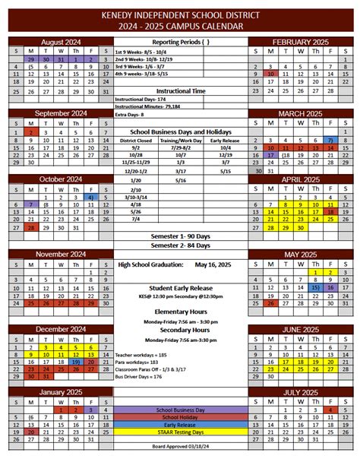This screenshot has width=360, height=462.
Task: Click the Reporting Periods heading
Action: (x=180, y=42)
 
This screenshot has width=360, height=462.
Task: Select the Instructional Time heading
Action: (x=180, y=90)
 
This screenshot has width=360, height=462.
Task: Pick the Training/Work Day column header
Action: (x=181, y=140)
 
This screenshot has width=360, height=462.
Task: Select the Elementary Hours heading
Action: (x=180, y=312)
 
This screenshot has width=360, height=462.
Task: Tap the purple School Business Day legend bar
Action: (x=180, y=410)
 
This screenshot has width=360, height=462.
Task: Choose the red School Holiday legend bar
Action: (x=180, y=417)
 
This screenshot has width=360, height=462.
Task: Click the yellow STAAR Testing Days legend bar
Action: (x=180, y=432)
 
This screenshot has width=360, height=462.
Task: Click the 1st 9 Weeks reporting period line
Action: (x=147, y=51)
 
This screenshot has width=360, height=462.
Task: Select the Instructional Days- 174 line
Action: (x=140, y=100)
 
